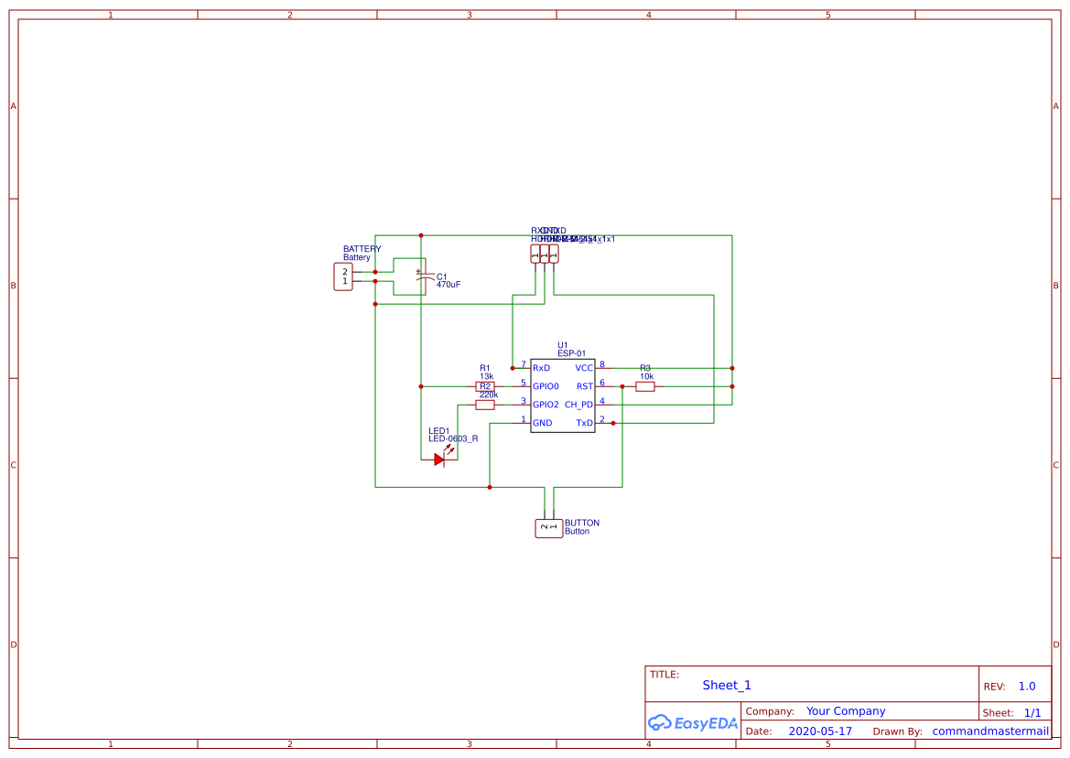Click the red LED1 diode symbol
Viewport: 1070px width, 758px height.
[x=440, y=460]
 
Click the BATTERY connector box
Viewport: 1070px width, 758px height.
[x=342, y=276]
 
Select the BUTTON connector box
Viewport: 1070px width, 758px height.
[x=548, y=527]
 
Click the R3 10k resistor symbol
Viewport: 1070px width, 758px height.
[x=645, y=386]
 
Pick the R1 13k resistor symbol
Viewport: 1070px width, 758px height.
[x=485, y=386]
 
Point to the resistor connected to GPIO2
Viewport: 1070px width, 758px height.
[x=485, y=405]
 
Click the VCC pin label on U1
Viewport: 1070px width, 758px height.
[x=584, y=368]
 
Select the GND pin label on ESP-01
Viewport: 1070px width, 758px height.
[x=543, y=423]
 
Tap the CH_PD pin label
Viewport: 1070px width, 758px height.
[x=578, y=405]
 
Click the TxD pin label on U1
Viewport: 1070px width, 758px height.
[x=584, y=423]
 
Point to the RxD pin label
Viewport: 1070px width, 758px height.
[x=542, y=368]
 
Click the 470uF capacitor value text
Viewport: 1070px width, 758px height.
[x=449, y=285]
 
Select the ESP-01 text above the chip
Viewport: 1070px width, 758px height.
[x=571, y=353]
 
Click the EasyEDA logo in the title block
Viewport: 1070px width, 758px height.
[x=692, y=722]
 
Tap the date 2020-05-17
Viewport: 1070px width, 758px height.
[x=820, y=731]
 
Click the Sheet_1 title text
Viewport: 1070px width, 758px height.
[x=727, y=685]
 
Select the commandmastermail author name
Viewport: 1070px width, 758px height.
[x=990, y=731]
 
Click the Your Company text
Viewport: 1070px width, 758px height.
[x=846, y=711]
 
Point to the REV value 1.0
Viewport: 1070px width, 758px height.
[x=1027, y=686]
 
